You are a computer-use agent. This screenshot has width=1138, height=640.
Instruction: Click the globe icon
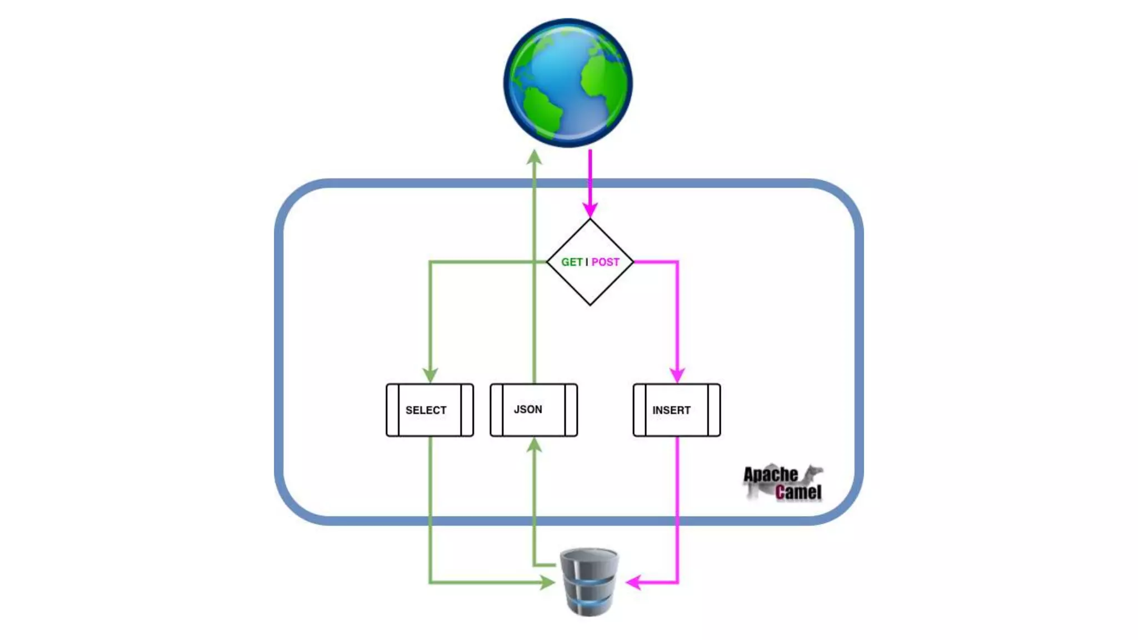click(568, 83)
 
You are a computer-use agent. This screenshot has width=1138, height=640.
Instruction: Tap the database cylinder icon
click(589, 582)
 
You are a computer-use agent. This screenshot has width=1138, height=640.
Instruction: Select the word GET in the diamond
click(572, 262)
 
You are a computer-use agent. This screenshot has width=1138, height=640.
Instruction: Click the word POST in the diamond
click(605, 262)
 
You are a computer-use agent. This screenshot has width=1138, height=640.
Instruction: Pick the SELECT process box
click(430, 410)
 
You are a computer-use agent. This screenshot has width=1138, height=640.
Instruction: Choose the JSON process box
click(533, 410)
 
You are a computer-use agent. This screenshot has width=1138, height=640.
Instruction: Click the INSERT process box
click(676, 410)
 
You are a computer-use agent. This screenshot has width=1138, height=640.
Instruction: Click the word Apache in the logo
click(770, 474)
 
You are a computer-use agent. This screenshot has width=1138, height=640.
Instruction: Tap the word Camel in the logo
click(798, 492)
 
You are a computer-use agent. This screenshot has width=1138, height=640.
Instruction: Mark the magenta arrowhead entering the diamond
click(590, 210)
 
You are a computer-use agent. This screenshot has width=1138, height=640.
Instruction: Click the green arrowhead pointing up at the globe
click(534, 157)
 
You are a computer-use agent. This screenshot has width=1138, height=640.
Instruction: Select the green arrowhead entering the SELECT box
click(430, 375)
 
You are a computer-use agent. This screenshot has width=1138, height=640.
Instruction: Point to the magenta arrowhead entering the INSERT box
click(677, 375)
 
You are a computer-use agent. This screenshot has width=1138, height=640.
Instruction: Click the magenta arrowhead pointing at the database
click(633, 582)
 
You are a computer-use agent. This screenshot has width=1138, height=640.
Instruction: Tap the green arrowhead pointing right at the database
click(547, 582)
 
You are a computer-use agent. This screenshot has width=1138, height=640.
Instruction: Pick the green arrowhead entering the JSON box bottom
click(534, 445)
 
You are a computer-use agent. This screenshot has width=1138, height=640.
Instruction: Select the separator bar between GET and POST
click(587, 262)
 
